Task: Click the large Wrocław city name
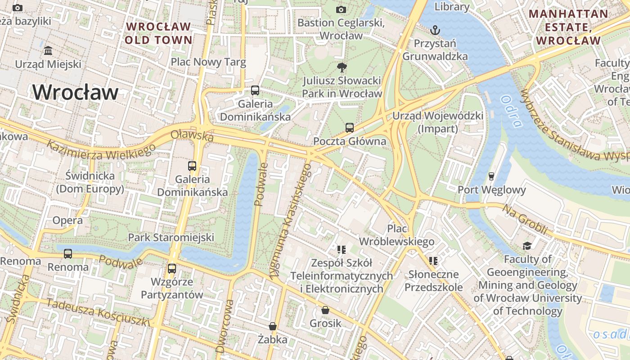pyautogui.click(x=75, y=93)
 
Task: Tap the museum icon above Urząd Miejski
pyautogui.click(x=48, y=50)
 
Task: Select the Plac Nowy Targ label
pyautogui.click(x=208, y=62)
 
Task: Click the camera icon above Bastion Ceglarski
pyautogui.click(x=341, y=9)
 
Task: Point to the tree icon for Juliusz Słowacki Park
pyautogui.click(x=342, y=68)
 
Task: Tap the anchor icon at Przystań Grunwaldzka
pyautogui.click(x=435, y=31)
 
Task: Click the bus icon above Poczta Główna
pyautogui.click(x=350, y=128)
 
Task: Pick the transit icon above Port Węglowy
pyautogui.click(x=491, y=176)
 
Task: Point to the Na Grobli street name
pyautogui.click(x=525, y=219)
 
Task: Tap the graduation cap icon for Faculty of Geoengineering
pyautogui.click(x=527, y=246)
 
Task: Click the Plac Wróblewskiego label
pyautogui.click(x=396, y=234)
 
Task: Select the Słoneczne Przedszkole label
pyautogui.click(x=433, y=280)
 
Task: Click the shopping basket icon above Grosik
pyautogui.click(x=325, y=310)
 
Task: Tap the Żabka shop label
pyautogui.click(x=272, y=339)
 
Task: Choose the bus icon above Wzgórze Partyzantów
pyautogui.click(x=171, y=269)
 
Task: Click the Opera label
pyautogui.click(x=67, y=220)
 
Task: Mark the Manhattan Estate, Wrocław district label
pyautogui.click(x=568, y=27)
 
